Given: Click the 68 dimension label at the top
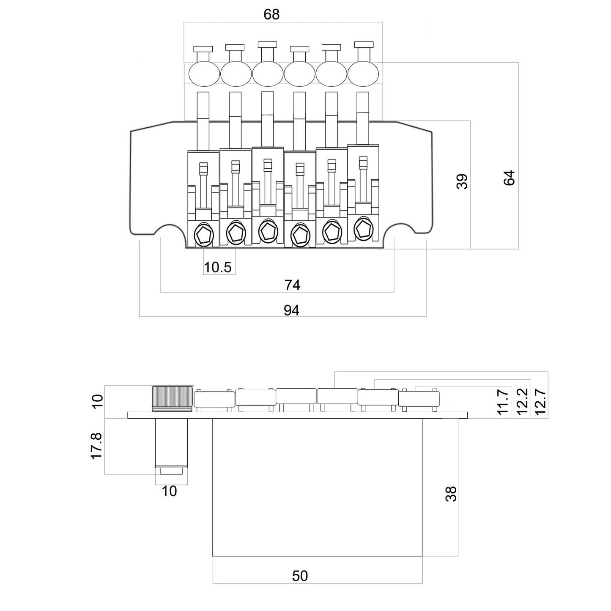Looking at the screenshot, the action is (271, 14).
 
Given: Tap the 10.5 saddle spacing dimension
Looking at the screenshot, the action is (217, 267).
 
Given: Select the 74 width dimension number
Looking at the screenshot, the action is (292, 285).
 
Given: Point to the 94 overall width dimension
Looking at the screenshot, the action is (291, 310).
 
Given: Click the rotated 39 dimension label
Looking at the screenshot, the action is (462, 181).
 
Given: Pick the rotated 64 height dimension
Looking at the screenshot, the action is (509, 178).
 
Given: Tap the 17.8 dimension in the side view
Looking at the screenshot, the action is (97, 446).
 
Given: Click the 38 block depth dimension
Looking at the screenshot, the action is (451, 494).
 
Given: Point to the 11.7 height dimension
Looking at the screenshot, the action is (503, 402).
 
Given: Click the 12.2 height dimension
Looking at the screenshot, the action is (522, 401).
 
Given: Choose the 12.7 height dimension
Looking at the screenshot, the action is (540, 401).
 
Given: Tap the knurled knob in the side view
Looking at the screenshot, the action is (173, 399).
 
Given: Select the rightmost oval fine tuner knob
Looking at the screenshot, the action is (363, 74).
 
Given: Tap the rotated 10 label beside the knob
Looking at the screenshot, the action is (98, 401).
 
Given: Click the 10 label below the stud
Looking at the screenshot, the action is (169, 491).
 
